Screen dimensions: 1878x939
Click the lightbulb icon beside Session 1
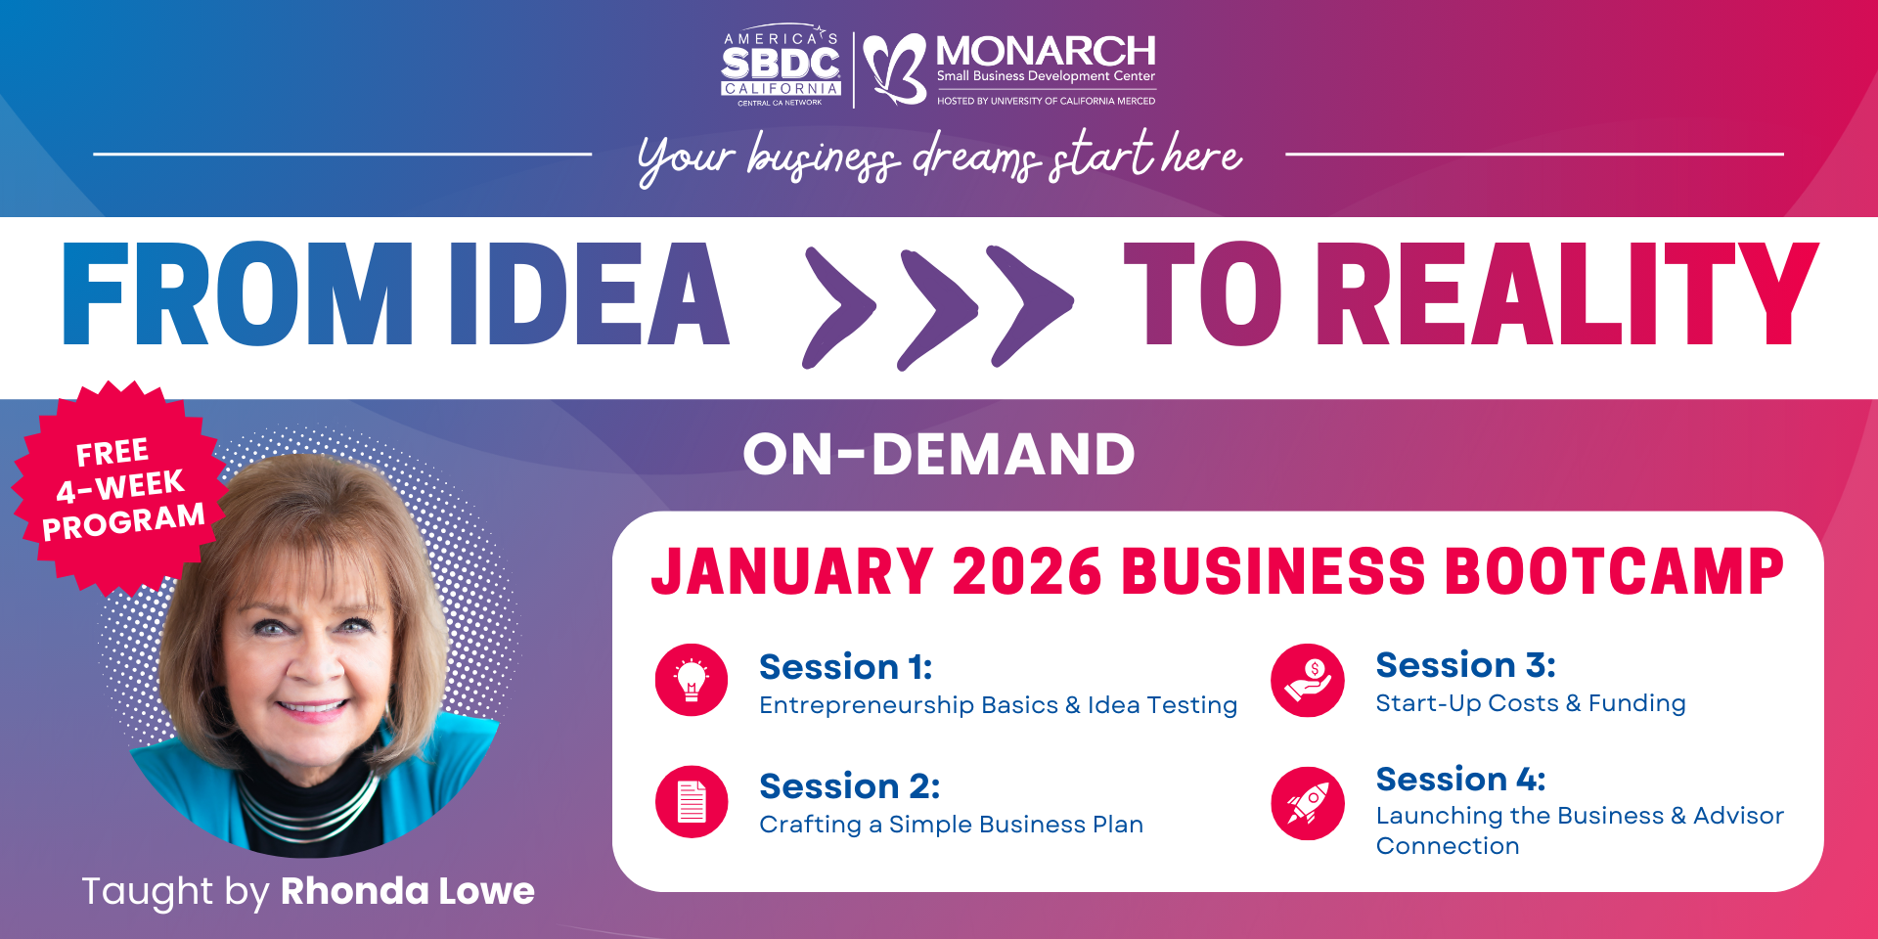coord(692,680)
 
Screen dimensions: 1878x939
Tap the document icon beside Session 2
coord(692,801)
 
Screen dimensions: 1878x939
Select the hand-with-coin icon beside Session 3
coord(1308,680)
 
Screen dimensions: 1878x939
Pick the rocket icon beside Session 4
coord(1308,803)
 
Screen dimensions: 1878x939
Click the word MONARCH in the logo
coord(1046,51)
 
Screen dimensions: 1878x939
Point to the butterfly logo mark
coord(895,68)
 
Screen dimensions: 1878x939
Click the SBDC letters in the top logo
coord(781,64)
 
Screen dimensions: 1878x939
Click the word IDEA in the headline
coord(589,293)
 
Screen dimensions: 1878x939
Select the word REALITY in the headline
coord(1567,293)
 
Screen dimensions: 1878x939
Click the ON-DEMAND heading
coord(939,454)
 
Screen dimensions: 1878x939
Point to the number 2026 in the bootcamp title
coord(1027,571)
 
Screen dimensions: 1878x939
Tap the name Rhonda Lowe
coord(408,891)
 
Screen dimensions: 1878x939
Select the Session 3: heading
coord(1465,665)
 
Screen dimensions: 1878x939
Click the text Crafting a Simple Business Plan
coord(951,825)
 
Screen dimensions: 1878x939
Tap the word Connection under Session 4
coord(1448,846)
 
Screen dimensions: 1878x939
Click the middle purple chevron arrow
coord(938,310)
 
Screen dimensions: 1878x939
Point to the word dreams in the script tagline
coord(977,157)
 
